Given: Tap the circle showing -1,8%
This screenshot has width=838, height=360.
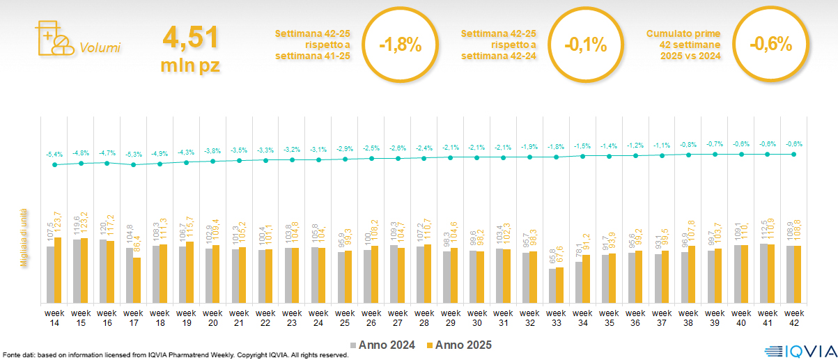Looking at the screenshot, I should point(400,45).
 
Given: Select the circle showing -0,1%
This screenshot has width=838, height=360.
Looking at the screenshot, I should point(585,45).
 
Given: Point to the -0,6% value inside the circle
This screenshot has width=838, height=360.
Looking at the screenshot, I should point(770,44).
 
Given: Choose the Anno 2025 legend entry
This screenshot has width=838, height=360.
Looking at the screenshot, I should point(460,345).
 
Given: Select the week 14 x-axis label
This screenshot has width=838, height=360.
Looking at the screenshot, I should point(54,317).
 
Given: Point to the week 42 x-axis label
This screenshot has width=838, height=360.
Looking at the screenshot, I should point(794,317).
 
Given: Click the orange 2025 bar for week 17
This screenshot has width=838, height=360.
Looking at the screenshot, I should point(137,280).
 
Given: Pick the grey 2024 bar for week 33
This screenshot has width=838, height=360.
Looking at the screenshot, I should point(552,285).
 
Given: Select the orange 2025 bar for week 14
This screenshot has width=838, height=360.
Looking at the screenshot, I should point(59,269).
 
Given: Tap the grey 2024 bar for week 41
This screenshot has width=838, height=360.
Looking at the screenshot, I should point(763,273).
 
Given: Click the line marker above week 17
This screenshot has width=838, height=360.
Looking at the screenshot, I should point(134,165).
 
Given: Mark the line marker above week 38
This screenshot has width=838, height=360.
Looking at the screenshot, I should point(688,155).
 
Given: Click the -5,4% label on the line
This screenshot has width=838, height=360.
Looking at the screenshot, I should point(54,154).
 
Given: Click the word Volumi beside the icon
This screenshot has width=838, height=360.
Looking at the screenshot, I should point(100,48).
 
